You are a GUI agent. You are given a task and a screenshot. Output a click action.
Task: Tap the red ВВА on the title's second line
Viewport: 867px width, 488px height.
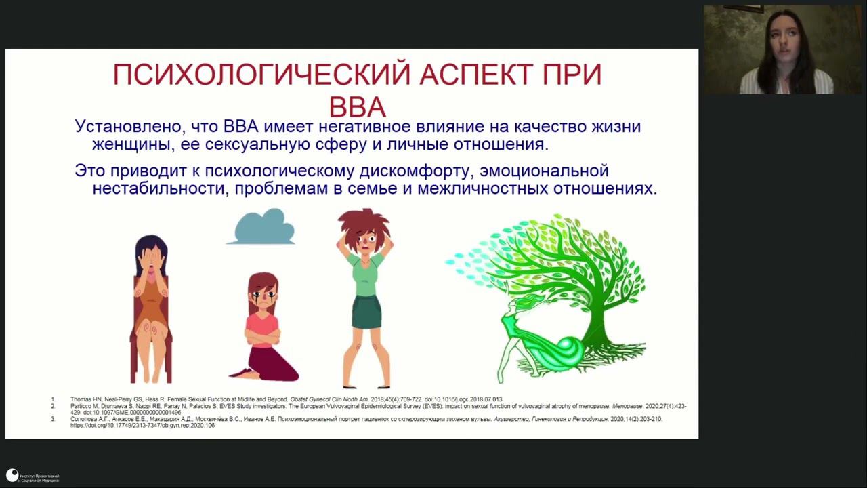click(357, 108)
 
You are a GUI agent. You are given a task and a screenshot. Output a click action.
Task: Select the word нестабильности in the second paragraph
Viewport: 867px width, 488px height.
click(160, 188)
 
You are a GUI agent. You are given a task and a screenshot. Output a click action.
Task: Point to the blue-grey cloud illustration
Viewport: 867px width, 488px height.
click(261, 227)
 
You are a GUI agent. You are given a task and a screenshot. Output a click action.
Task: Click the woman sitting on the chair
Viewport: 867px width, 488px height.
click(150, 305)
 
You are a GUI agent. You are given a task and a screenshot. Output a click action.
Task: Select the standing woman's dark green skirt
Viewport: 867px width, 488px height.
click(366, 312)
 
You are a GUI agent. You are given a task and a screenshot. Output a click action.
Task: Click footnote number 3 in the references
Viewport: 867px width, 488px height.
click(53, 420)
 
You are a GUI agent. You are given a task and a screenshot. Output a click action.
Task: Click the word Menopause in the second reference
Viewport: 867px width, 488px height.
click(627, 406)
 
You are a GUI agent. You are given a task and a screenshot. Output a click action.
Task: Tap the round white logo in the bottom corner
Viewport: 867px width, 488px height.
click(12, 475)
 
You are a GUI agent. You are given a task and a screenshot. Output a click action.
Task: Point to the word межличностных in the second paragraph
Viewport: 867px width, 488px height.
click(473, 188)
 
